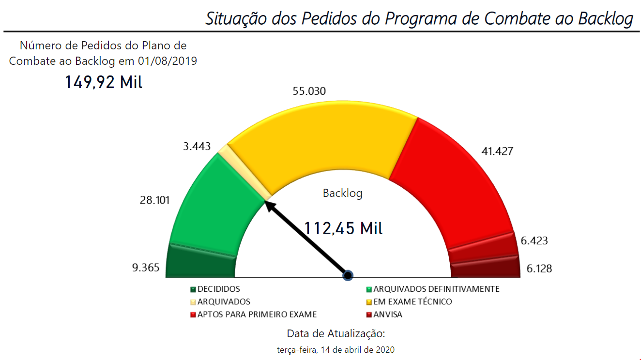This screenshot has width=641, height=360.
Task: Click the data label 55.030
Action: [x=309, y=91]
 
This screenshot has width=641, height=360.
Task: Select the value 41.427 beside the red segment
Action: [x=497, y=151]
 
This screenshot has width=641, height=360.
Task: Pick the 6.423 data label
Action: [x=534, y=240]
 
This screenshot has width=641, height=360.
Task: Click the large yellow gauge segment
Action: [x=320, y=140]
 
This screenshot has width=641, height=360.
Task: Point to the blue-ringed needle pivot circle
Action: [x=347, y=275]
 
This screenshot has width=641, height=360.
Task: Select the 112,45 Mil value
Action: [x=343, y=228]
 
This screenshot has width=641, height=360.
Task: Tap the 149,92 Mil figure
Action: [x=104, y=82]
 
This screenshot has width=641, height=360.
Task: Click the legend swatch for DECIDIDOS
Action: [x=193, y=290]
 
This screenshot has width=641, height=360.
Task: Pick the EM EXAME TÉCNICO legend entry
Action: [x=412, y=302]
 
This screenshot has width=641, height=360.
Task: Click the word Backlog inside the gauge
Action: [x=342, y=194]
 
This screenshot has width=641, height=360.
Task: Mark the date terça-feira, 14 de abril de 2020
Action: [x=336, y=349]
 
